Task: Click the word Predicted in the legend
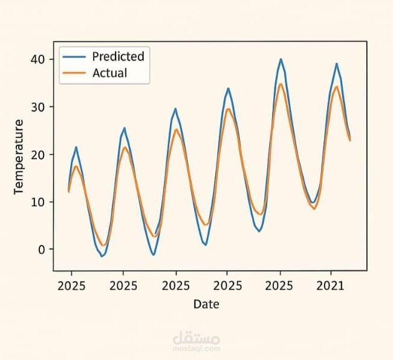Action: (x=118, y=56)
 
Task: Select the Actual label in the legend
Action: (x=109, y=73)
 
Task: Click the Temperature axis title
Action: (x=19, y=157)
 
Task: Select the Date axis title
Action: (x=206, y=304)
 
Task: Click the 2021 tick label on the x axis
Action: (x=331, y=285)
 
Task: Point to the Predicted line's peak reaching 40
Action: (x=281, y=59)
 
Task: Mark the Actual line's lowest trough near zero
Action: (x=103, y=245)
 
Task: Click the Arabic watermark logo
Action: (x=196, y=338)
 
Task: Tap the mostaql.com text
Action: (x=197, y=349)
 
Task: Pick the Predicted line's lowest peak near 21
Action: (x=76, y=147)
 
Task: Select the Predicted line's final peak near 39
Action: (x=337, y=64)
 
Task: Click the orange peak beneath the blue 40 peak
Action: (x=281, y=84)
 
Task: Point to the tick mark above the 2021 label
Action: (x=331, y=273)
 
